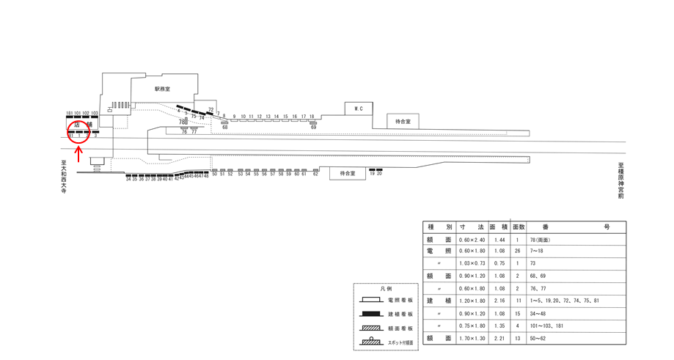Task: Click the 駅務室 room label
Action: (162, 89)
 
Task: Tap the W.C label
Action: (359, 109)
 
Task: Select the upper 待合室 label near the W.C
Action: (403, 122)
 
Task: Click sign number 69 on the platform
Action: (313, 128)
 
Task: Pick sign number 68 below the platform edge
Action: (225, 128)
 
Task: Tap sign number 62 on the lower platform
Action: (315, 174)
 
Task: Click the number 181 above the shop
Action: (69, 114)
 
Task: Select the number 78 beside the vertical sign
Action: (181, 121)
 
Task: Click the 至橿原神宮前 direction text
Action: (620, 180)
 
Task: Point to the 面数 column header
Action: (519, 227)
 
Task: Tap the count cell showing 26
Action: (519, 251)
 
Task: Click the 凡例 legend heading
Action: (386, 289)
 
